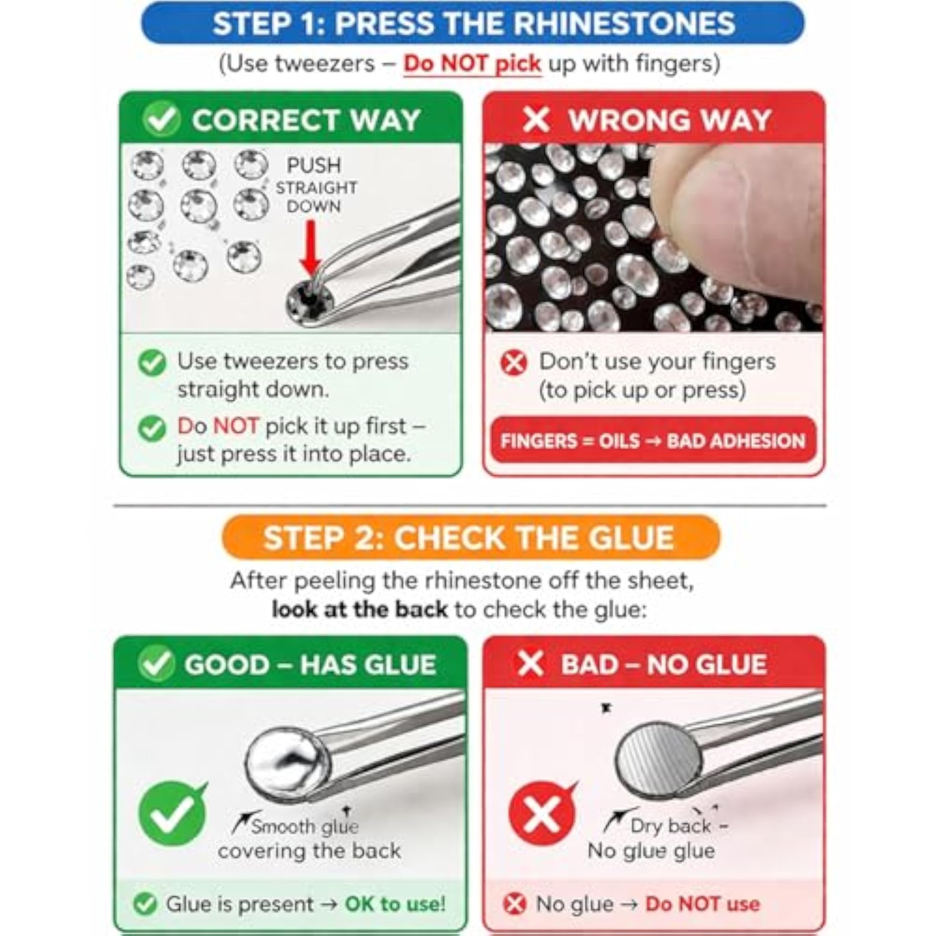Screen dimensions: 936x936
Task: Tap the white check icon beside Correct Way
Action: pyautogui.click(x=161, y=119)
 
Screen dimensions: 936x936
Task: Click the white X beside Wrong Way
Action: pyautogui.click(x=536, y=120)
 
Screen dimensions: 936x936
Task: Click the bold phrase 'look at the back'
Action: pyautogui.click(x=359, y=609)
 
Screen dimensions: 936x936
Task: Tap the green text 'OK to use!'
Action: pyautogui.click(x=395, y=904)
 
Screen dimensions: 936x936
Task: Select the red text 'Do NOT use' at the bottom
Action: pyautogui.click(x=702, y=904)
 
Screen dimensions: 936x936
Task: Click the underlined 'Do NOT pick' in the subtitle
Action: pyautogui.click(x=472, y=64)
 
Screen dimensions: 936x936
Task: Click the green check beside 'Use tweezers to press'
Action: pyautogui.click(x=152, y=362)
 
